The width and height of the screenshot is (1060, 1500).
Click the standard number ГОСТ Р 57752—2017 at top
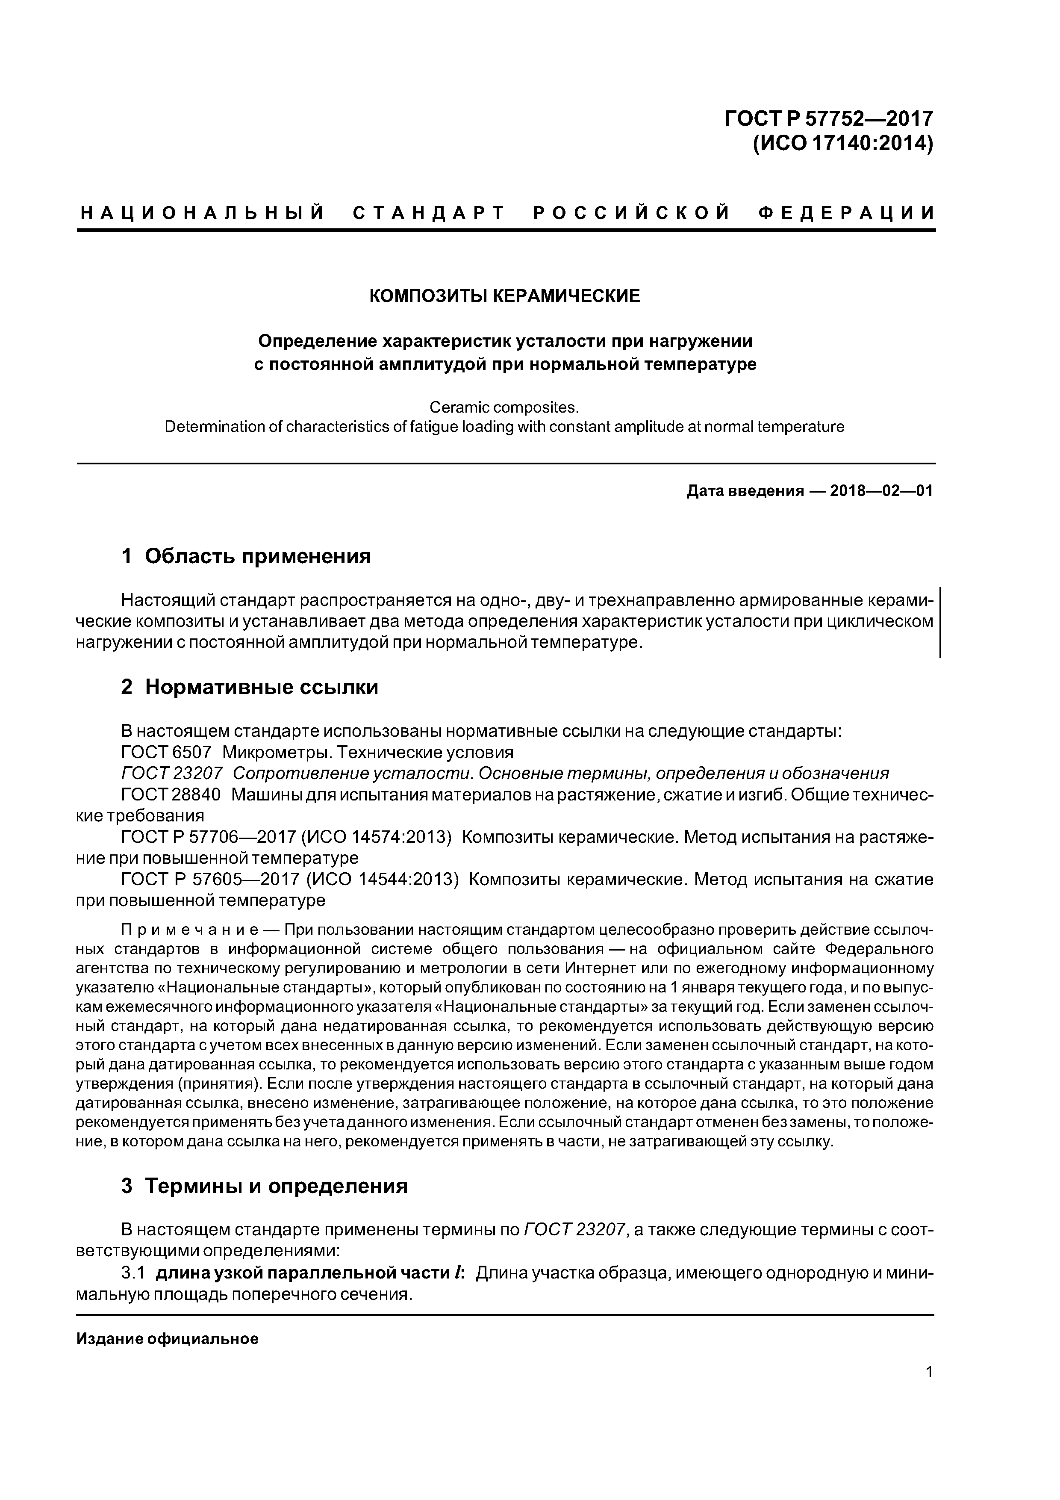828,119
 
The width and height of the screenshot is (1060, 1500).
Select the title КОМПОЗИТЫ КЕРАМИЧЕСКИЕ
505,296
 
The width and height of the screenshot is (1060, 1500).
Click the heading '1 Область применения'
246,556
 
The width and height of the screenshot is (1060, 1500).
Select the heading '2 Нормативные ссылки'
250,687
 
